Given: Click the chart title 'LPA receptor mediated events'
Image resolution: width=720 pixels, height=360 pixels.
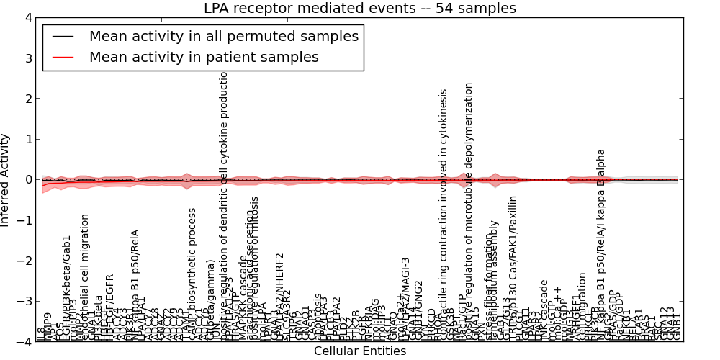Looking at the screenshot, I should pyautogui.click(x=360, y=9).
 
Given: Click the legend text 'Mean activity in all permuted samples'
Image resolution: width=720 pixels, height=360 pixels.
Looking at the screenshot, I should pyautogui.click(x=224, y=36).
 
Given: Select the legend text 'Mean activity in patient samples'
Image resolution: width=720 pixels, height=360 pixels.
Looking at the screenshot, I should pyautogui.click(x=204, y=57).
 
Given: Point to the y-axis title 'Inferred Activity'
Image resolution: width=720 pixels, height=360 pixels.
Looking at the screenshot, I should pyautogui.click(x=6, y=180).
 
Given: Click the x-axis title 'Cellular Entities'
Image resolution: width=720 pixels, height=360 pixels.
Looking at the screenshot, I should pyautogui.click(x=360, y=351).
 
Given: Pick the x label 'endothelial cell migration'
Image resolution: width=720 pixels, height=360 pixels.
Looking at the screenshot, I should pyautogui.click(x=85, y=274).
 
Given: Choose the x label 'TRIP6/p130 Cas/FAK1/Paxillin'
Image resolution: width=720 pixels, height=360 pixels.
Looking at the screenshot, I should pyautogui.click(x=513, y=263).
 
